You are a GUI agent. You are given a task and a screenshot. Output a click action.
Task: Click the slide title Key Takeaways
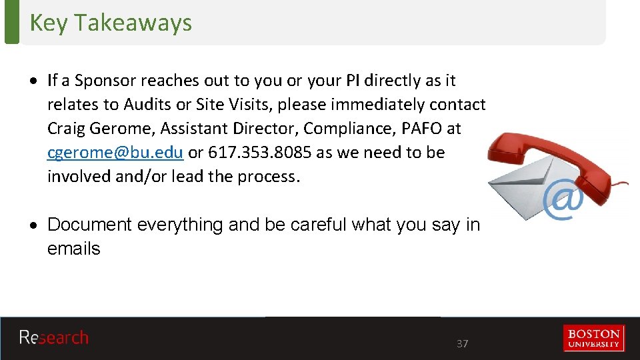pos(111,23)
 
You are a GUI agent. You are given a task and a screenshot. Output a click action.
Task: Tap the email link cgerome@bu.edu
pos(115,153)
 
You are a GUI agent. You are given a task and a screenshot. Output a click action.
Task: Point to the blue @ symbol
pos(563,201)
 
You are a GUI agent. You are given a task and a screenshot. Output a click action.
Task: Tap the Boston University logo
pos(593,338)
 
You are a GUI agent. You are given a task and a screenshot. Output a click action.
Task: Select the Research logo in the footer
pos(53,338)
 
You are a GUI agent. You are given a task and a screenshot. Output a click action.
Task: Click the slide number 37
pos(462,344)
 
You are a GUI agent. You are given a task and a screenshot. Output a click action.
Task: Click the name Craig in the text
pos(65,129)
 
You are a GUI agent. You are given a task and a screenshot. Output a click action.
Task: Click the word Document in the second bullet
pos(89,225)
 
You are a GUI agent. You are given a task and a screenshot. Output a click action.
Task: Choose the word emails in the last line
pos(73,249)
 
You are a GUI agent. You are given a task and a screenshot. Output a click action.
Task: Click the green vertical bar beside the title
pos(12,22)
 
